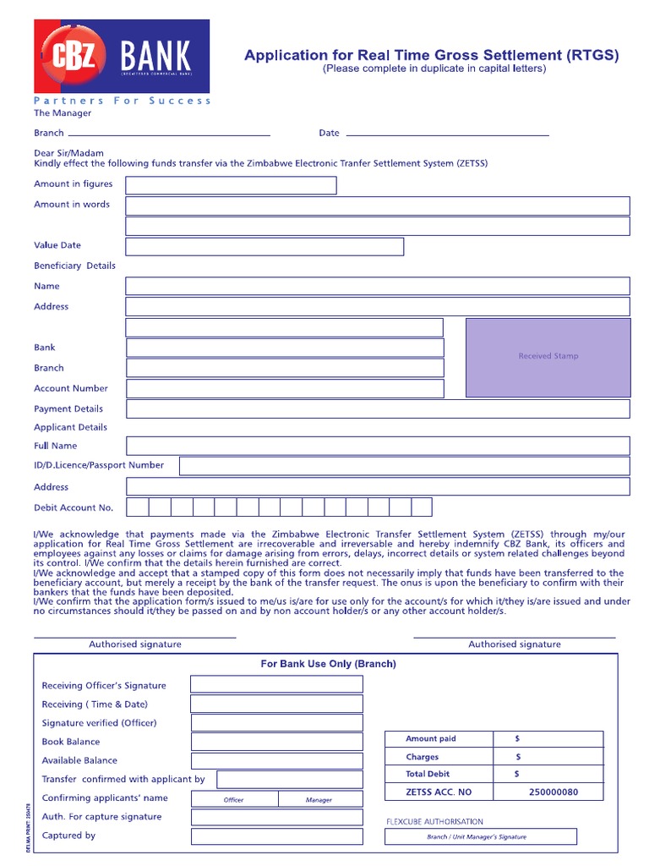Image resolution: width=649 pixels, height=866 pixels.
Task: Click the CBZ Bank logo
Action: click(x=122, y=57)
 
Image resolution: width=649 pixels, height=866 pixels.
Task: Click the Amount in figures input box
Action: click(x=231, y=185)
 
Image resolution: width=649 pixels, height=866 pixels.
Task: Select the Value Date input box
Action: click(x=265, y=246)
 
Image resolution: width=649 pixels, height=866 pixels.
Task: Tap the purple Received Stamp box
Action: click(x=548, y=357)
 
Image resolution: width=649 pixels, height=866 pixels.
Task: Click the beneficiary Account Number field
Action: click(x=285, y=389)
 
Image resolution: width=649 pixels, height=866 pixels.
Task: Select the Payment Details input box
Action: click(x=378, y=409)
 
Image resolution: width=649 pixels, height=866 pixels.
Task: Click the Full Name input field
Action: click(x=378, y=446)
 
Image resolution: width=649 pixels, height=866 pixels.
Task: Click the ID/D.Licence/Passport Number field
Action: click(x=404, y=466)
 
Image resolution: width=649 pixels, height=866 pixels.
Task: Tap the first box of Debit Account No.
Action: click(x=138, y=507)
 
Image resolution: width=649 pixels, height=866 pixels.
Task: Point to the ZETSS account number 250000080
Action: click(x=554, y=792)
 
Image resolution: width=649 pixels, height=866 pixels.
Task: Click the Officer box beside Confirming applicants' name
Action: click(x=234, y=799)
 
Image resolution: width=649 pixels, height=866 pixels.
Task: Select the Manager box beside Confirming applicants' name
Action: click(x=319, y=799)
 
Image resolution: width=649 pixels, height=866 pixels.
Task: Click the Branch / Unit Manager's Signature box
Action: click(x=480, y=836)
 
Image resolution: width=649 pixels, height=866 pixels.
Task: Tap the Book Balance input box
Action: click(x=276, y=742)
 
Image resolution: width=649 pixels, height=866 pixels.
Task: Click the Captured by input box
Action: click(x=276, y=836)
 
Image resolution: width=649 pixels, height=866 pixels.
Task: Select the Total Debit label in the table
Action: click(x=428, y=774)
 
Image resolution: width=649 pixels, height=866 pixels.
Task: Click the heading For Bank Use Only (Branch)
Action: click(x=328, y=664)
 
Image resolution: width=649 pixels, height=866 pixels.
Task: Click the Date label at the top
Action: click(x=329, y=133)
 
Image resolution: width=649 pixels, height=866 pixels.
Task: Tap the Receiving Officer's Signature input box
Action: click(x=276, y=684)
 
